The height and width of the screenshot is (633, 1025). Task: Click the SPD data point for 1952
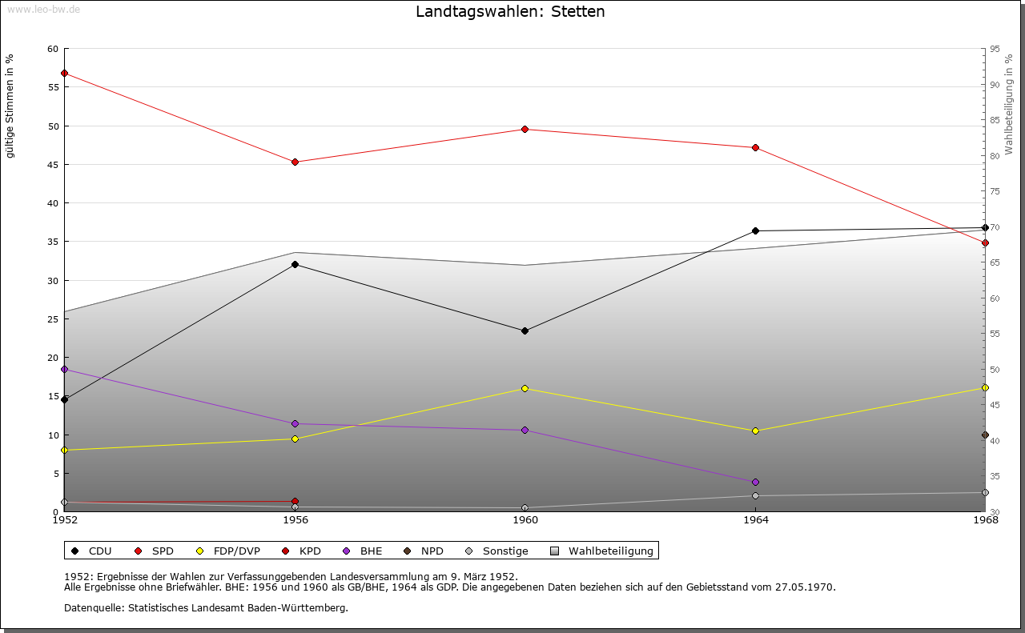(x=64, y=74)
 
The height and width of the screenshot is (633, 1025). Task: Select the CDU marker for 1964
(x=755, y=231)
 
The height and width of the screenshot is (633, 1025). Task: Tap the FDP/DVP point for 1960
(x=525, y=388)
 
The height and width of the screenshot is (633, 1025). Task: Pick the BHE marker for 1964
(x=755, y=482)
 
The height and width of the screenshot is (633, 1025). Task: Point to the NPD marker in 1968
(x=985, y=435)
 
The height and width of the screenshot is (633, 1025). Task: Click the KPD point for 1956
(x=295, y=502)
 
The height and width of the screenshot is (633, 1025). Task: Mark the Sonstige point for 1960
(x=525, y=507)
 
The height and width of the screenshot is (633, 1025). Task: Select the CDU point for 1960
(x=525, y=331)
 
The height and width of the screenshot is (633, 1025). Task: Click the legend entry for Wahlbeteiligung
(x=610, y=551)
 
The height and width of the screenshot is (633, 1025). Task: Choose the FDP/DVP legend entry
(x=236, y=551)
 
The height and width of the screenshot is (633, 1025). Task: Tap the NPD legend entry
(x=432, y=551)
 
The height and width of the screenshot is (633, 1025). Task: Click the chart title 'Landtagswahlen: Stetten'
(x=510, y=12)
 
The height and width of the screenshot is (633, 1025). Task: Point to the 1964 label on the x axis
(x=755, y=521)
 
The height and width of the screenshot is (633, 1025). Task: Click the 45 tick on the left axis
(x=53, y=165)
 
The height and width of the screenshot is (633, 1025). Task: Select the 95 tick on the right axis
(x=995, y=49)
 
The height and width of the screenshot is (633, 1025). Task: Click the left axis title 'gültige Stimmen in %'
(x=10, y=106)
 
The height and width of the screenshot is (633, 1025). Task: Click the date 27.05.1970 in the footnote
(x=805, y=587)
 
